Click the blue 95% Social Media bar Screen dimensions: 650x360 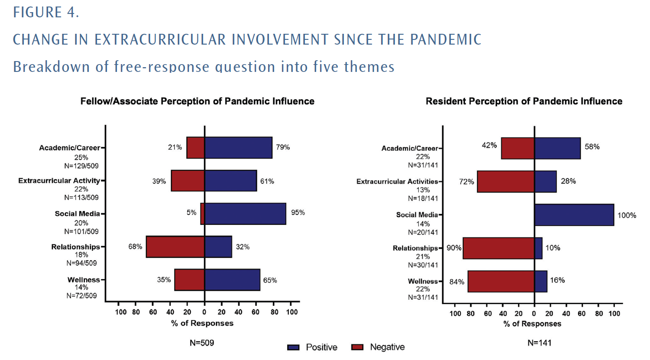pyautogui.click(x=245, y=214)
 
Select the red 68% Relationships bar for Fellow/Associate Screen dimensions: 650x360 pyautogui.click(x=175, y=247)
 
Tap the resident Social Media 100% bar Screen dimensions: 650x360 pyautogui.click(x=574, y=215)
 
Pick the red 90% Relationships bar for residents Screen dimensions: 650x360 pyautogui.click(x=498, y=248)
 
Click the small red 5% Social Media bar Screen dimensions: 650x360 pyautogui.click(x=203, y=214)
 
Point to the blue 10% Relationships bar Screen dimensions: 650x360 pyautogui.click(x=538, y=248)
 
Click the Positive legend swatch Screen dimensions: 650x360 pyautogui.click(x=293, y=347)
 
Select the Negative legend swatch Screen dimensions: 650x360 pyautogui.click(x=357, y=347)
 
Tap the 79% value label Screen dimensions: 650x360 pyautogui.click(x=283, y=147)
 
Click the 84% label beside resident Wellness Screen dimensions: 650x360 pyautogui.click(x=457, y=282)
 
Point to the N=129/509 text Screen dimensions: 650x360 pyautogui.click(x=81, y=166)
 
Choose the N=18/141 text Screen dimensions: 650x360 pyautogui.click(x=423, y=198)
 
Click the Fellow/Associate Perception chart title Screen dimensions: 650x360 pyautogui.click(x=197, y=101)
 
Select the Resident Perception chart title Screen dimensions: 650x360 pyautogui.click(x=524, y=101)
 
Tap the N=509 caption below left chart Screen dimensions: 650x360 pyautogui.click(x=202, y=343)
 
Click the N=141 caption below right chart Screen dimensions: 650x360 pyautogui.click(x=539, y=343)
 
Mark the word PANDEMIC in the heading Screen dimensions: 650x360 pyautogui.click(x=446, y=39)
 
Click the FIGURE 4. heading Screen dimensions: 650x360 pyautogui.click(x=46, y=12)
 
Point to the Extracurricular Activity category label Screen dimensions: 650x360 pyautogui.click(x=59, y=181)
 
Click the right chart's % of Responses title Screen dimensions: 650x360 pyautogui.click(x=532, y=324)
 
